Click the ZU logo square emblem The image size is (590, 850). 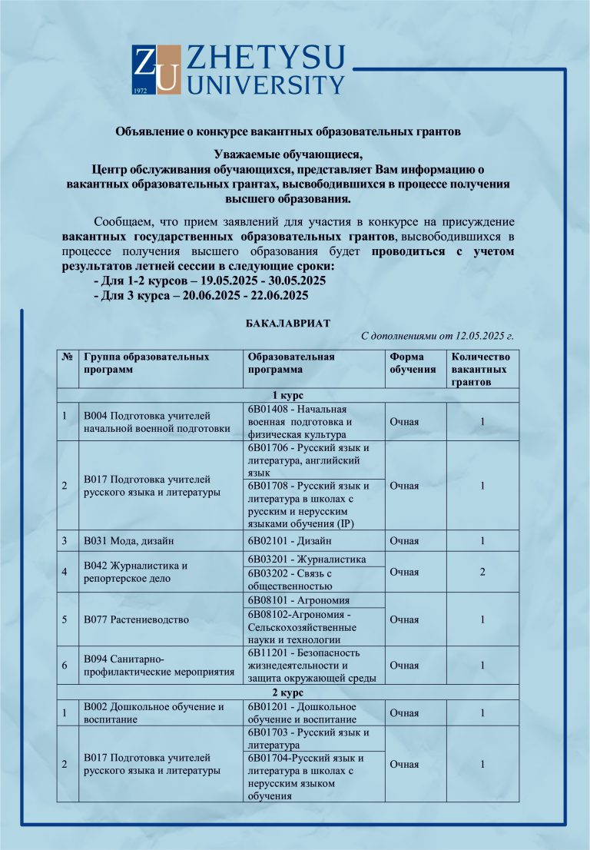click(157, 70)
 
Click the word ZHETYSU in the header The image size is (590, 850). click(266, 58)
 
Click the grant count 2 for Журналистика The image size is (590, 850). click(482, 572)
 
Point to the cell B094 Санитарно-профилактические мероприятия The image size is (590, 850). click(158, 666)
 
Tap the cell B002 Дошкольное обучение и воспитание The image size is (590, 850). click(154, 713)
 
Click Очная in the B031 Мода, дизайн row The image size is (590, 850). click(404, 541)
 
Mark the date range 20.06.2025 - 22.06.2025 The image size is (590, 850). click(247, 295)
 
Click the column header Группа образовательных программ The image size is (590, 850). click(146, 363)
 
